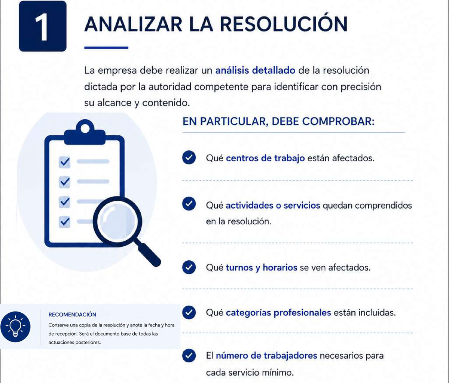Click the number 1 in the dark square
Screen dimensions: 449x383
(42, 27)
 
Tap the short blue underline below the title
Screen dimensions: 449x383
(106, 48)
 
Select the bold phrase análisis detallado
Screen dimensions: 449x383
(255, 71)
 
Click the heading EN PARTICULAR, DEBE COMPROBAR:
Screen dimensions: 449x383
(278, 121)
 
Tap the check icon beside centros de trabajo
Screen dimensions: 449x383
(189, 157)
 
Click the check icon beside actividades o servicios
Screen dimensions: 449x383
(189, 204)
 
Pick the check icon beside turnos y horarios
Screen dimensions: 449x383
(189, 267)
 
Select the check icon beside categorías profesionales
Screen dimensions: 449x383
(189, 312)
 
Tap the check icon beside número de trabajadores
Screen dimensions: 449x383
(189, 355)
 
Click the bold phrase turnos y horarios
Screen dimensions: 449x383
(262, 268)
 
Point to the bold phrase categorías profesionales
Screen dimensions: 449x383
(278, 313)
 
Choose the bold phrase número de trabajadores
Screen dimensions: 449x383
(266, 356)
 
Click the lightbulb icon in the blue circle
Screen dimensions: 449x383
(15, 327)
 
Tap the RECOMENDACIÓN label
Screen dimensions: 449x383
(72, 315)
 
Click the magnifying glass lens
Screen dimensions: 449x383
(117, 221)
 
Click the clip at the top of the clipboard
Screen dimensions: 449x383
(85, 132)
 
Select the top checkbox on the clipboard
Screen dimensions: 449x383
(64, 162)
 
